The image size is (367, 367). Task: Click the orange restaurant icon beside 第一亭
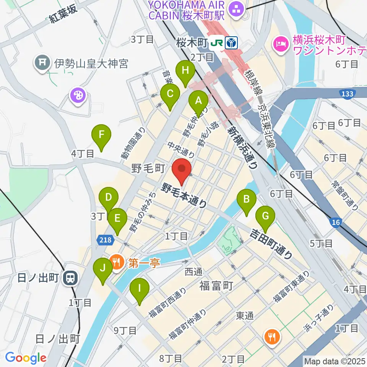point(115,263)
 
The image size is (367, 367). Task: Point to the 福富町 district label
point(216,285)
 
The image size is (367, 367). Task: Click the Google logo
point(26,357)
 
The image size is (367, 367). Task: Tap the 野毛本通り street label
point(184,195)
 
